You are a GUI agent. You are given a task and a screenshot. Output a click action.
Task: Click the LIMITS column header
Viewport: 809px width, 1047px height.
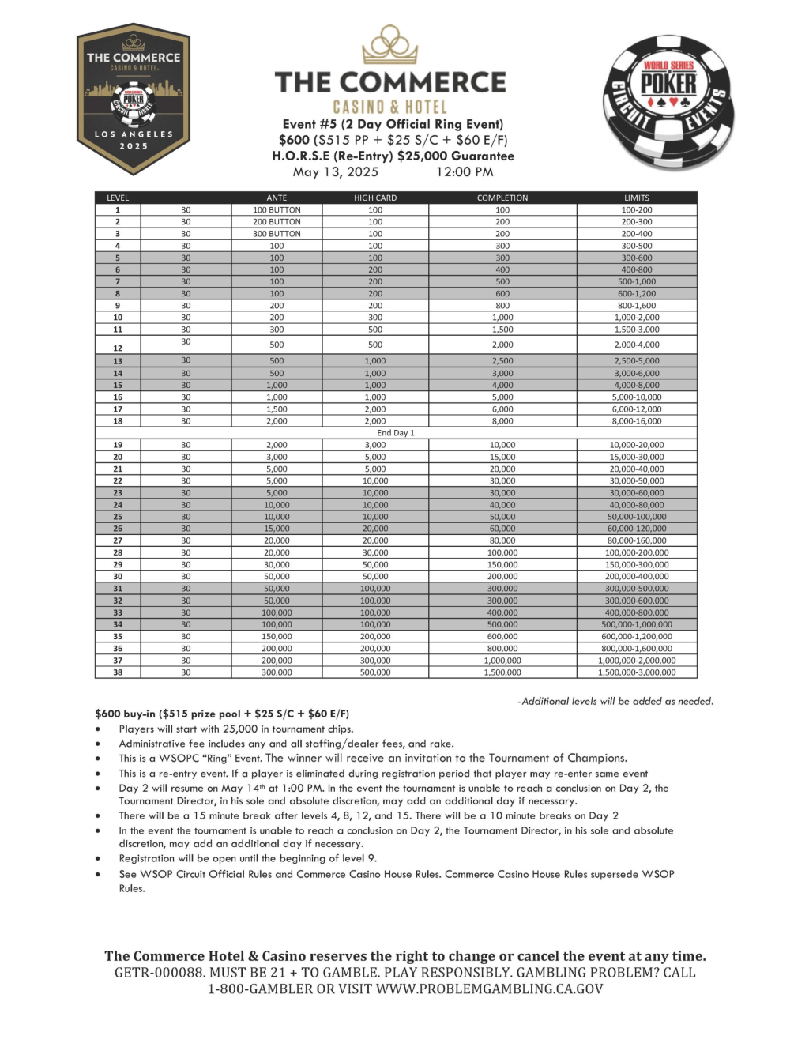[x=636, y=198]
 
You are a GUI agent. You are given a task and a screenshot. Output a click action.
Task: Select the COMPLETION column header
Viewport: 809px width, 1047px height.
[x=502, y=198]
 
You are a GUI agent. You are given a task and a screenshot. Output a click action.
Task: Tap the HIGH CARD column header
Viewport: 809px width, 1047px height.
[x=375, y=198]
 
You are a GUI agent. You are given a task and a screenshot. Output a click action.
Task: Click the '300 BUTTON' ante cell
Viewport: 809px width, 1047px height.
[x=277, y=234]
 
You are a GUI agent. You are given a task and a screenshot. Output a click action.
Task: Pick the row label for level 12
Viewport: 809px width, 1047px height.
[x=118, y=348]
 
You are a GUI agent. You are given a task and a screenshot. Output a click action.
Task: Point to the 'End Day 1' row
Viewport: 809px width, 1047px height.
[x=396, y=433]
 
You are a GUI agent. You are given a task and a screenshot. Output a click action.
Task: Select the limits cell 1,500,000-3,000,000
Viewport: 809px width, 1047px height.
[x=637, y=672]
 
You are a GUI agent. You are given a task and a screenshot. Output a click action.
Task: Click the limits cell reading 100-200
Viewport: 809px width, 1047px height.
[x=637, y=210]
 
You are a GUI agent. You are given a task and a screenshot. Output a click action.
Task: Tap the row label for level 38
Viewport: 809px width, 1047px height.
[x=118, y=672]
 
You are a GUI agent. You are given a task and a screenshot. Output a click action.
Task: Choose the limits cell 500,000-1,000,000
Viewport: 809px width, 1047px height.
[x=637, y=624]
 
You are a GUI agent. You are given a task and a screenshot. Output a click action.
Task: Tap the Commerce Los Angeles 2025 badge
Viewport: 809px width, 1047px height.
[x=134, y=99]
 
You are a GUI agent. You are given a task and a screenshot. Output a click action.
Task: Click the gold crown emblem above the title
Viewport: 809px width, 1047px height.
[x=390, y=45]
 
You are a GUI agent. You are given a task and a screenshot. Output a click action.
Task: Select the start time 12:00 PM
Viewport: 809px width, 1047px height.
[x=465, y=172]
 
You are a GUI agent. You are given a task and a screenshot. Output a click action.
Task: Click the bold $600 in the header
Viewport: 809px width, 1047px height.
[x=294, y=140]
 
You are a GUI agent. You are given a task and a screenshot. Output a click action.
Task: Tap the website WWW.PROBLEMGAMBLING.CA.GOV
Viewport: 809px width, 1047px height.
[x=489, y=989]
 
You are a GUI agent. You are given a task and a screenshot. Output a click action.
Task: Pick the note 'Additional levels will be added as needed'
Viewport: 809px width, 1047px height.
[x=616, y=701]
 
